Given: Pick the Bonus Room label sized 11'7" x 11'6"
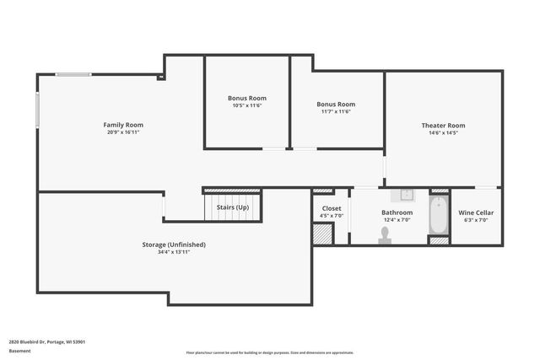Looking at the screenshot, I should [335, 104].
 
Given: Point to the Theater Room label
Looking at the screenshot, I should [443, 126].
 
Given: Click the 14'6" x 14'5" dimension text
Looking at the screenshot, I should [443, 133].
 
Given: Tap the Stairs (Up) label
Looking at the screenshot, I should [233, 207].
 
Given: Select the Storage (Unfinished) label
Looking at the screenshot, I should [173, 244].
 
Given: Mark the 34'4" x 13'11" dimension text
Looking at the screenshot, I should [173, 252].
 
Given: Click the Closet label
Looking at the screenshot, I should [332, 207].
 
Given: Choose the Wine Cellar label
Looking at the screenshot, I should [476, 212].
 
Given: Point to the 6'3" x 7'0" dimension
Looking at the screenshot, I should [476, 220].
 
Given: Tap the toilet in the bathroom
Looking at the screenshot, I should [386, 239].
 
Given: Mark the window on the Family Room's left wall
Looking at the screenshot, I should [38, 111].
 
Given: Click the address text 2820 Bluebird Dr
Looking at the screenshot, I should [47, 341].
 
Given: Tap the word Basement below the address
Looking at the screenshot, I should [19, 351].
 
